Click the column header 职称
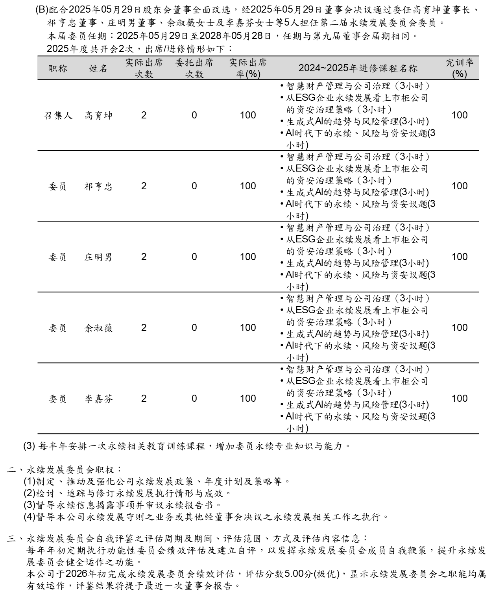coord(58,68)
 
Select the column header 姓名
coord(98,68)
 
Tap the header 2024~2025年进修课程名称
coord(358,68)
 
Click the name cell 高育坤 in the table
coord(98,116)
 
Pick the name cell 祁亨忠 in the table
coord(98,187)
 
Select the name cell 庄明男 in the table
coord(98,257)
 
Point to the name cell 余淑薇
coord(98,328)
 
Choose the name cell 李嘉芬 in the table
coord(98,399)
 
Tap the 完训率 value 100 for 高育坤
coord(459,115)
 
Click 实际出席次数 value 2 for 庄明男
coord(144,257)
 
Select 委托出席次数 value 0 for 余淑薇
coord(194,328)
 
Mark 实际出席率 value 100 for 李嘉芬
coord(248,399)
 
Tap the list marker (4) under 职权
coord(30,517)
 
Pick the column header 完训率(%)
coord(459,68)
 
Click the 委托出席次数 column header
coord(194,68)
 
